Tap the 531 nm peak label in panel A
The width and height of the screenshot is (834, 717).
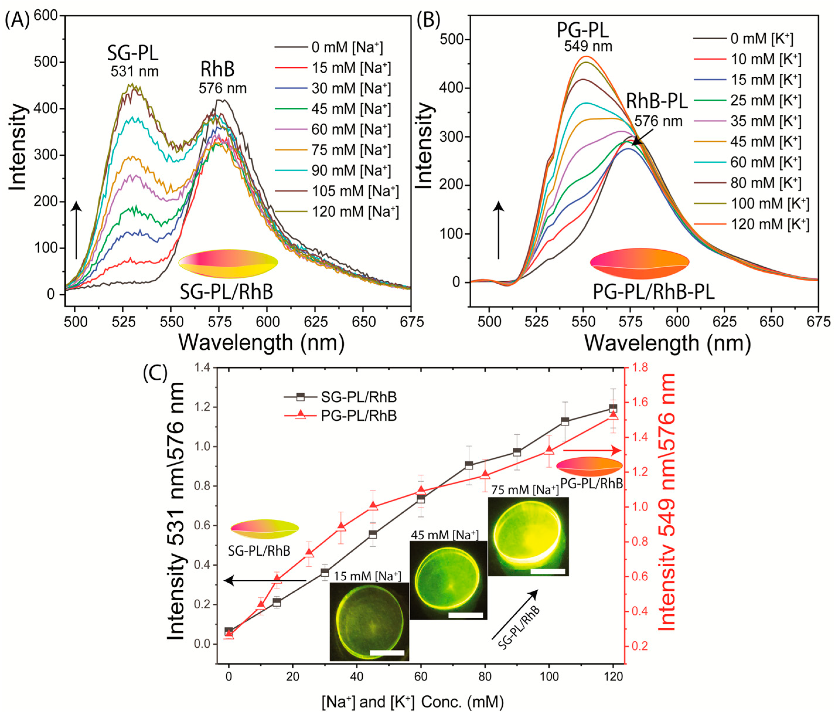click(x=134, y=72)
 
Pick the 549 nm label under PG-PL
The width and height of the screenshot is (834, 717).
click(x=588, y=47)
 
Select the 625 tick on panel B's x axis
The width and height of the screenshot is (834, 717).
click(x=724, y=321)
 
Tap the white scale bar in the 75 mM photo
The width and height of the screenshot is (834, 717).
click(x=548, y=571)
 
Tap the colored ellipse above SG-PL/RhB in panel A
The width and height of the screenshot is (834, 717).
click(x=228, y=263)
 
